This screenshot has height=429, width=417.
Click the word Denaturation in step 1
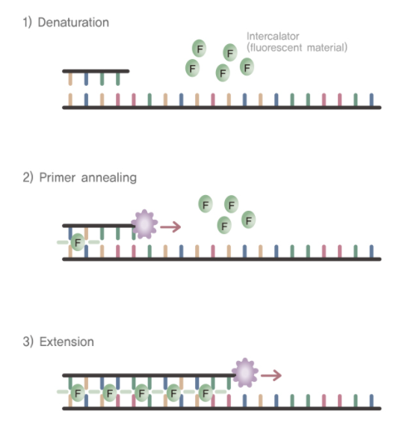coord(73,22)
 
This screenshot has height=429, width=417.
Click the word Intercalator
coord(273,36)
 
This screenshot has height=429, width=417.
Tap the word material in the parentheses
coord(327,48)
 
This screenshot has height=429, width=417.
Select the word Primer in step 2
coord(58,177)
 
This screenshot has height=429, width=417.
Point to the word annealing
coord(109,178)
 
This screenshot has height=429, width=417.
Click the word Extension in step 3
coord(67,342)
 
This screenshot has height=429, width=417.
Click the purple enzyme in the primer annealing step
coord(144,224)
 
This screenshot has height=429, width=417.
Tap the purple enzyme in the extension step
coord(245,373)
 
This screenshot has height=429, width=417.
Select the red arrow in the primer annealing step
coord(170,226)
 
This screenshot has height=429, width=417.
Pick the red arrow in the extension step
coord(271,375)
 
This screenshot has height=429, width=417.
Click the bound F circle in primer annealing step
coord(78,242)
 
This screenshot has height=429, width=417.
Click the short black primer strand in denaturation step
coord(96,71)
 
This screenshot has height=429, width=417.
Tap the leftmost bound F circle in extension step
coord(78,393)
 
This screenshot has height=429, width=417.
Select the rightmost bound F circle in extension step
coord(206,393)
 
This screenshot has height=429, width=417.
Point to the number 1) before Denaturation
coord(28,22)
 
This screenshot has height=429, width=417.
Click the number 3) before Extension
coord(28,342)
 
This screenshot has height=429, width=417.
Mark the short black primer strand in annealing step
coord(99,226)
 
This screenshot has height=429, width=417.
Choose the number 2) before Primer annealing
coord(28,178)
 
